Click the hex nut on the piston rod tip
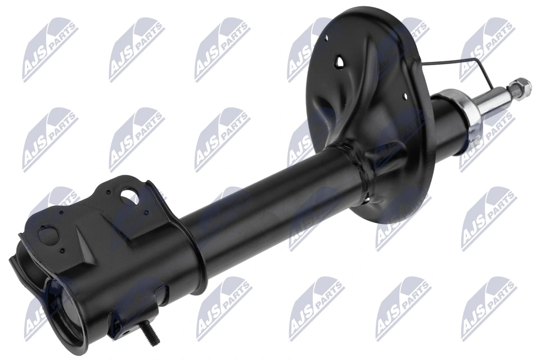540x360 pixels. [521, 86]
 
